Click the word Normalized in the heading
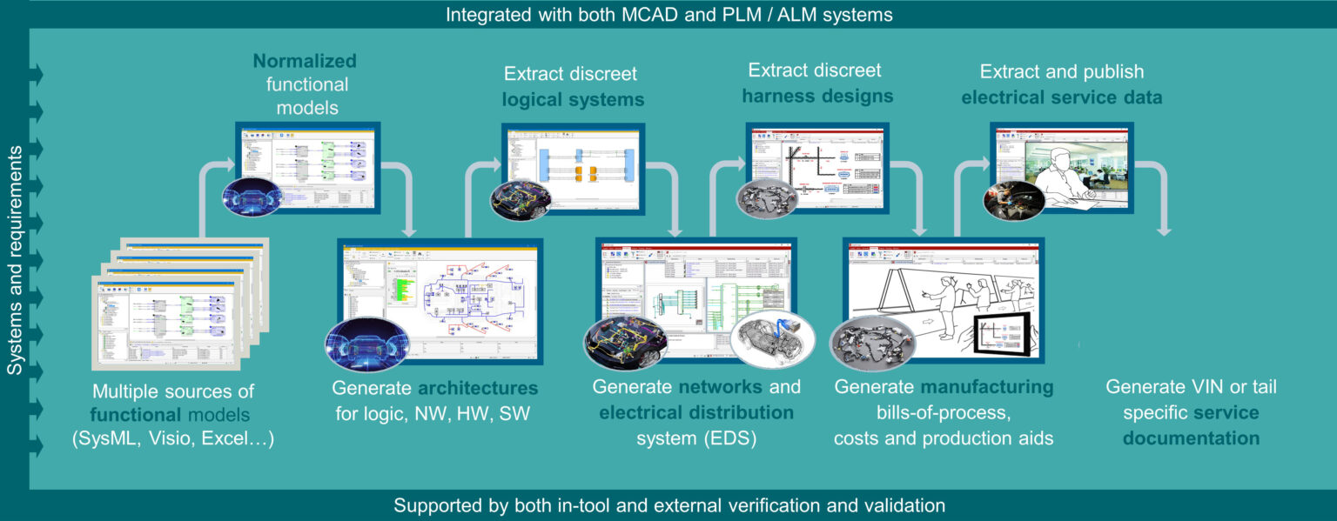click(x=305, y=62)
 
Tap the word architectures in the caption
click(x=478, y=387)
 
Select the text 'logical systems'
click(x=573, y=100)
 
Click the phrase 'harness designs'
click(x=817, y=95)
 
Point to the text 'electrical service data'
click(x=1061, y=97)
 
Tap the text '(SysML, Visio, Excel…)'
click(x=173, y=439)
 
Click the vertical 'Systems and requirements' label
click(x=15, y=261)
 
